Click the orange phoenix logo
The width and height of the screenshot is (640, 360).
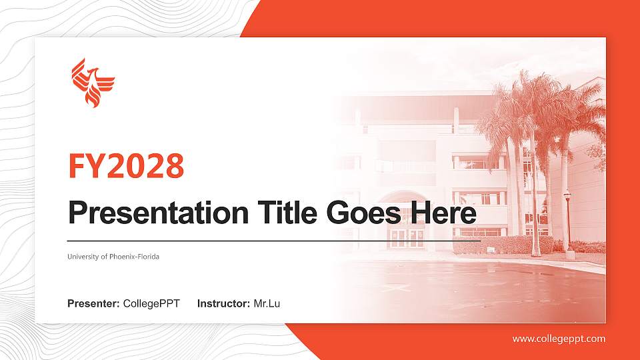click(x=93, y=83)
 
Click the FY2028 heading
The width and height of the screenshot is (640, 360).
click(x=126, y=167)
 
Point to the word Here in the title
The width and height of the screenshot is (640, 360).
click(x=444, y=213)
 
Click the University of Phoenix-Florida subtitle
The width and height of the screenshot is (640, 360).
click(x=113, y=257)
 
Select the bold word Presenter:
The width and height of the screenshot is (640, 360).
click(x=93, y=304)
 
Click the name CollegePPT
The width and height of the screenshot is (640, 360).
click(x=151, y=304)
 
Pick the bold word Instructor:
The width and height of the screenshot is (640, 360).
click(x=224, y=304)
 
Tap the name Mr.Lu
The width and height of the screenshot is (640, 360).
click(x=267, y=304)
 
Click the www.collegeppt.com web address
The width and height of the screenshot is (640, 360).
click(x=559, y=339)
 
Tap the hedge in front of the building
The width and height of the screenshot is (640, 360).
click(x=500, y=245)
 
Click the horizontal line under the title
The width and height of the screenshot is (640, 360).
click(x=273, y=240)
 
